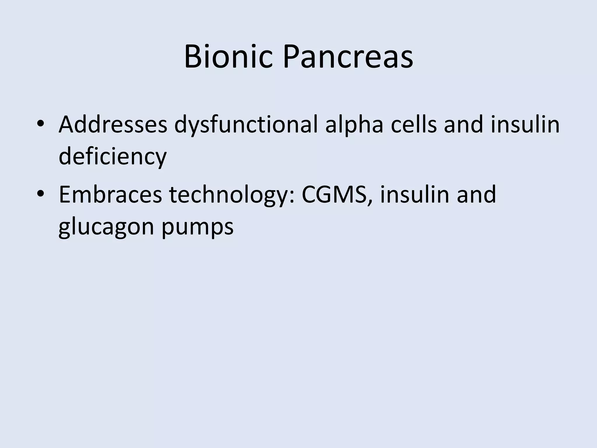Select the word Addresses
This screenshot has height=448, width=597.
tap(113, 125)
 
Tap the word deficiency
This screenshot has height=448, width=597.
tap(113, 156)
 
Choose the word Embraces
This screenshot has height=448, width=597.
tap(110, 195)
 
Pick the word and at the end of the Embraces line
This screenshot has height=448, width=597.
tap(476, 195)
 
